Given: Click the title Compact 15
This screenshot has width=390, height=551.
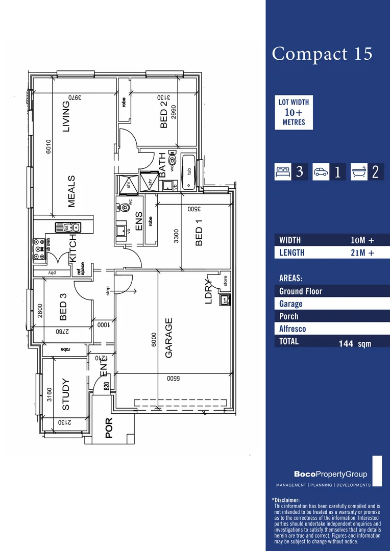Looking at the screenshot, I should (322, 54).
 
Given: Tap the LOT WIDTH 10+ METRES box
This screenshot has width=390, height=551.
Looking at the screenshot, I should (294, 112).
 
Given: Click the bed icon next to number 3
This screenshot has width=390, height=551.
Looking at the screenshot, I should (283, 172).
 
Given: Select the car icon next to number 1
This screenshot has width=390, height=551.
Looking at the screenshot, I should (321, 172).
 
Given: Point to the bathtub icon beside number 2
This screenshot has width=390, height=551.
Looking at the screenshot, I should (359, 172).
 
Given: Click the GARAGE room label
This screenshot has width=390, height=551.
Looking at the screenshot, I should (169, 338).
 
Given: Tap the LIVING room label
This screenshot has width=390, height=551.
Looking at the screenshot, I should (66, 117).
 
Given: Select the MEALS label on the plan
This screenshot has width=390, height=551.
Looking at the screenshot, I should (71, 191).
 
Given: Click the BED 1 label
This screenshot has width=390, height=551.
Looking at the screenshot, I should (199, 233).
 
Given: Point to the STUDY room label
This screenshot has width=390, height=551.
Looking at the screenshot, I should (66, 394).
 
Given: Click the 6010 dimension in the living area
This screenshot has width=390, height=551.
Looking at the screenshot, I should (49, 147).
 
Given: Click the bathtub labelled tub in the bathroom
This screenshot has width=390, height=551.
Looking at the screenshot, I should (189, 172).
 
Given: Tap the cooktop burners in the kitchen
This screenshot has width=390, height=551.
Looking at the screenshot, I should (39, 248).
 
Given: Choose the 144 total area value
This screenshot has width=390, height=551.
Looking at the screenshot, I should (346, 344).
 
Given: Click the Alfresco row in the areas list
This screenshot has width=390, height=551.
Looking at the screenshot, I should (292, 329).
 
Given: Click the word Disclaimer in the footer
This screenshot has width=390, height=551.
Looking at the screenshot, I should (286, 500).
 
